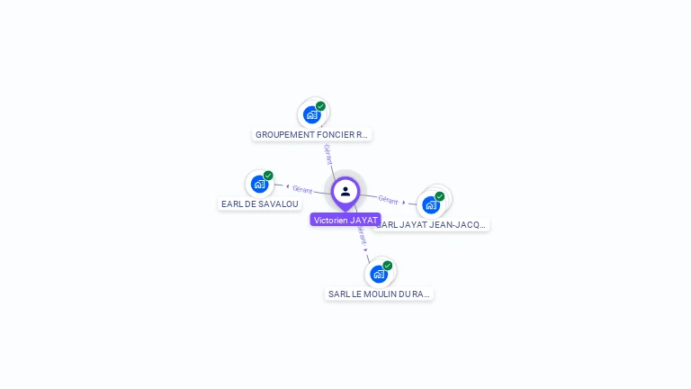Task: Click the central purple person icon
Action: click(x=345, y=191)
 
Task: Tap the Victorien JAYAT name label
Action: click(x=345, y=220)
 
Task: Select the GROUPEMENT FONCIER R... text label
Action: click(x=311, y=135)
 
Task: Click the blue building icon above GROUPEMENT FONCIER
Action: click(x=311, y=114)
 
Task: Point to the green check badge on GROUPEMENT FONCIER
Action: click(x=320, y=106)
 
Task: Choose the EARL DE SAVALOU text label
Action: click(x=260, y=204)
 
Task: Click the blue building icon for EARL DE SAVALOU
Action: click(x=259, y=184)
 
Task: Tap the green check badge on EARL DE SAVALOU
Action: click(x=268, y=176)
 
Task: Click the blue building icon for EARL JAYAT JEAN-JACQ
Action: click(x=430, y=204)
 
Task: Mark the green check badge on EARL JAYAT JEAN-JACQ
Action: click(x=439, y=196)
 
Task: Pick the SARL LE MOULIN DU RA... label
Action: click(x=379, y=294)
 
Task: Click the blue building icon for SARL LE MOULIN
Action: click(x=379, y=274)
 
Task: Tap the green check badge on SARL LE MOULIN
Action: click(x=388, y=266)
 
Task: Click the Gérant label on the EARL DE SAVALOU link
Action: click(x=302, y=189)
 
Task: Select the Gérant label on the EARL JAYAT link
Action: click(x=388, y=199)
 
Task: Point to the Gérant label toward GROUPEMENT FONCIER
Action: click(x=328, y=153)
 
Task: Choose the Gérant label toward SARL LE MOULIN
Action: click(x=362, y=236)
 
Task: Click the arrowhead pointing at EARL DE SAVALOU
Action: click(x=287, y=187)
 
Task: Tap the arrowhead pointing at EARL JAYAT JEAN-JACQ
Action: click(x=404, y=202)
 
